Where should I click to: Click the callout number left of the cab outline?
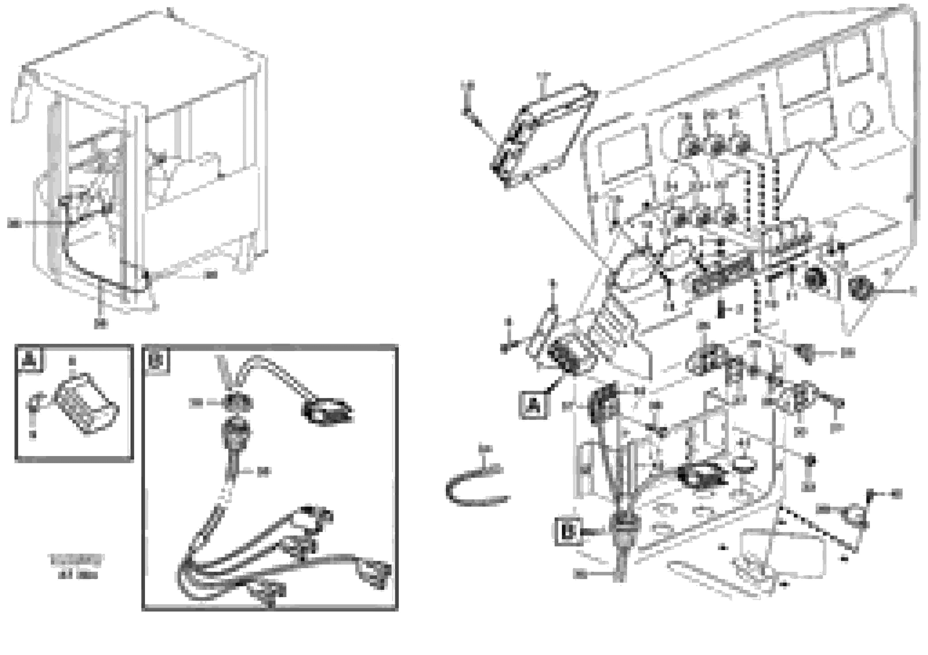[x=14, y=223]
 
